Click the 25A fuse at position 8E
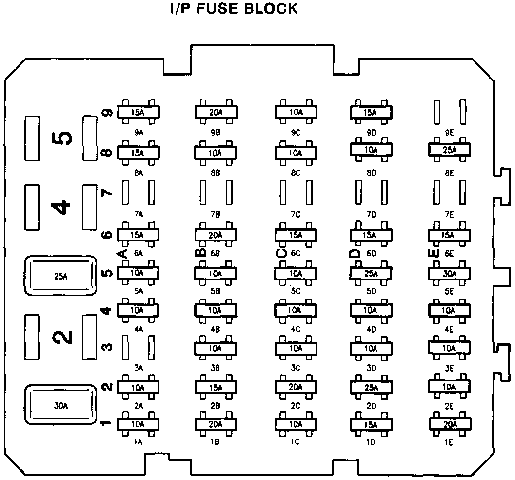coord(450,150)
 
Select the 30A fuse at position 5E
coord(450,273)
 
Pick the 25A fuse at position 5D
coord(371,273)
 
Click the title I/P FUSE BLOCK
coord(233,9)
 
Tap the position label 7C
coord(295,214)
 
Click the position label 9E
coord(449,132)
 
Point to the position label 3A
coord(139,368)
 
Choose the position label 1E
coord(449,442)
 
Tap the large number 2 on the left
coord(62,336)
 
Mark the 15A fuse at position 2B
coord(216,387)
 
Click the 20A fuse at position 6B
coord(216,235)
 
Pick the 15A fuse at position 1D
coord(371,424)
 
